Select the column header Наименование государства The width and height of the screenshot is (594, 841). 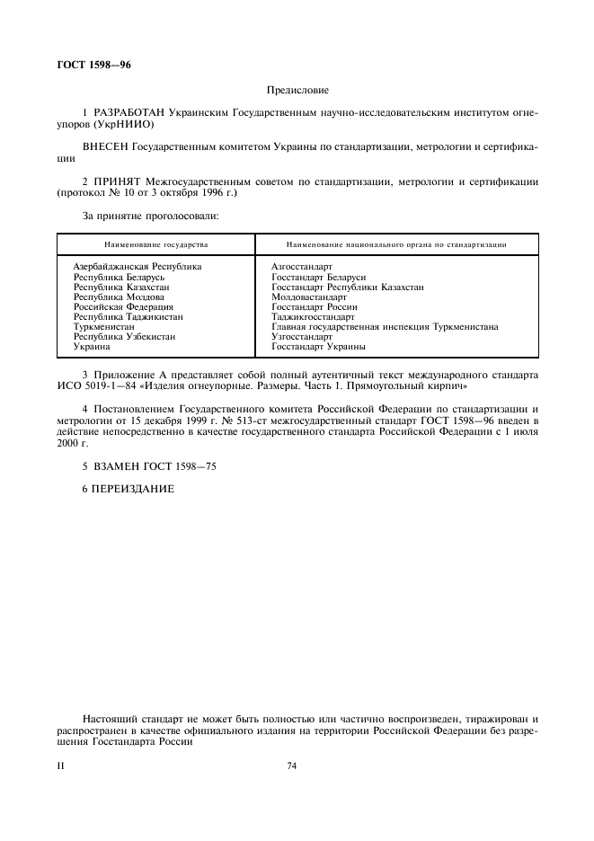(x=155, y=243)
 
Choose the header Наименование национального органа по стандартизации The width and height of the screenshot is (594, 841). (x=396, y=243)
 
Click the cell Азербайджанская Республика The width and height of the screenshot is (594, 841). (x=137, y=267)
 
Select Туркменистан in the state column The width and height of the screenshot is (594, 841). (x=103, y=327)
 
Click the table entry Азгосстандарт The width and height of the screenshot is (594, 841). (x=302, y=267)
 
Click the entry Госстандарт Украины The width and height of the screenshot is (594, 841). (x=318, y=347)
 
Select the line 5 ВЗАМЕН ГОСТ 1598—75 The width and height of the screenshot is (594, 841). (x=149, y=466)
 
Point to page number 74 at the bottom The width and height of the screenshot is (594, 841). (x=292, y=766)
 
